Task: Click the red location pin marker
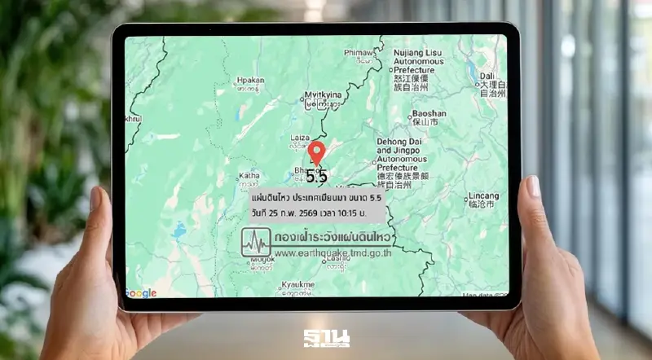point(318,152)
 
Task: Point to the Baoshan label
point(430,114)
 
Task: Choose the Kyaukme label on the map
point(297,283)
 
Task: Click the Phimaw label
point(359,52)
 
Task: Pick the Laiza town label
point(301,138)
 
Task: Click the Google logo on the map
point(141,293)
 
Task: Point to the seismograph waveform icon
point(257,241)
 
